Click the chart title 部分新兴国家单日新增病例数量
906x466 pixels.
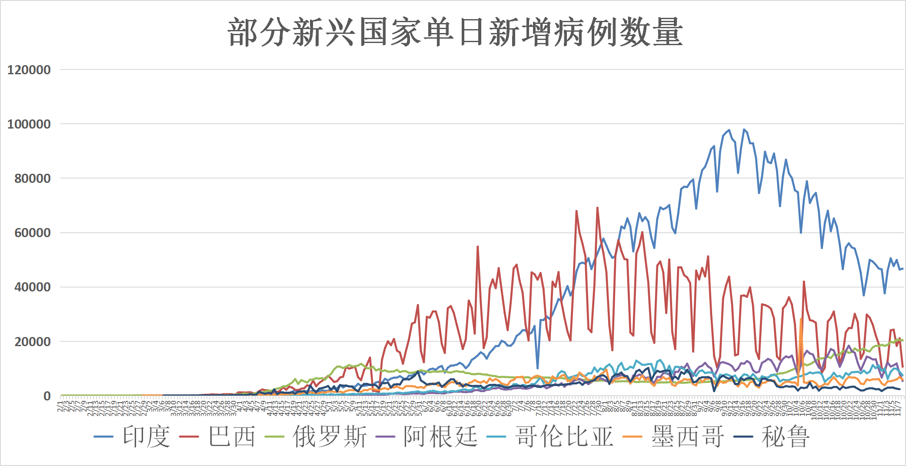(455, 33)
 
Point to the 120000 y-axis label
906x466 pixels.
(29, 69)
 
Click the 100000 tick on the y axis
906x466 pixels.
(29, 124)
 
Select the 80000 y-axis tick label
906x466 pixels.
(32, 178)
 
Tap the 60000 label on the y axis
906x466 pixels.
(32, 233)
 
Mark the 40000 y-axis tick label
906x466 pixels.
(32, 287)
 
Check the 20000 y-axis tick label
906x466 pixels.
(32, 342)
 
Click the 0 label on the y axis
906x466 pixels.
(47, 396)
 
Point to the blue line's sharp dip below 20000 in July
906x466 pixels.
(538, 368)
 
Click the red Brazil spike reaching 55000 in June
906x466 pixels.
(478, 247)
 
